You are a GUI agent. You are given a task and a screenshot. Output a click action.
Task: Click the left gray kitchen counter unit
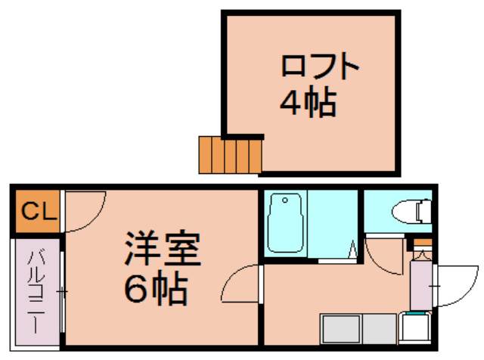[341, 329]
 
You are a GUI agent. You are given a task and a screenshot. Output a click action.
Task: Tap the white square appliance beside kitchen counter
[414, 327]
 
